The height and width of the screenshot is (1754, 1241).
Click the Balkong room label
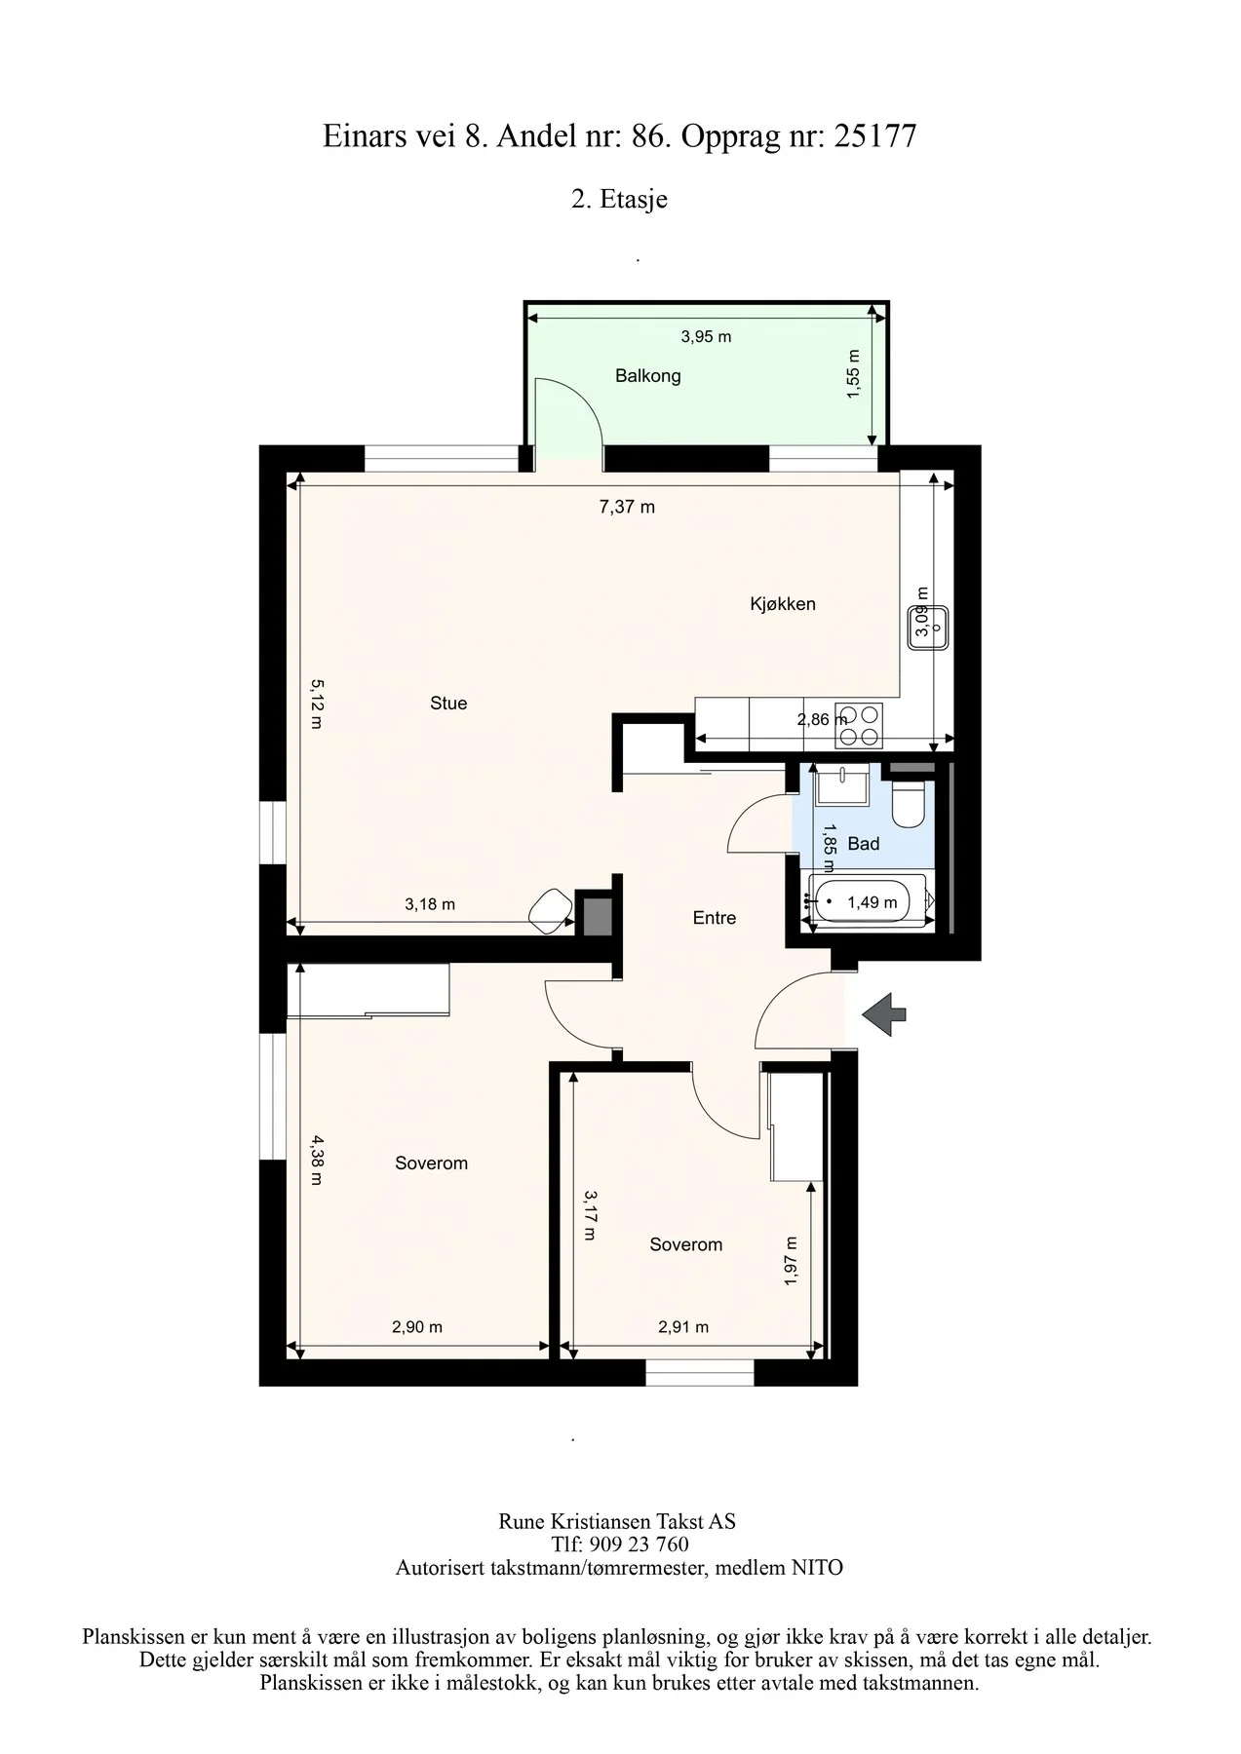point(647,376)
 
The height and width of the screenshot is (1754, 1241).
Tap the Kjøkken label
point(782,604)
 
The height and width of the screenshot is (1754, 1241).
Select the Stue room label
point(448,703)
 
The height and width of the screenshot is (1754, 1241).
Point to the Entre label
point(714,918)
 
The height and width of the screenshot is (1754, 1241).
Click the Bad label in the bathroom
point(863,844)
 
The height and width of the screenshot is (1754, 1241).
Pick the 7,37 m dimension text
point(627,507)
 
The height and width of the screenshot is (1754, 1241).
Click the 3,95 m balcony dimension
point(706,337)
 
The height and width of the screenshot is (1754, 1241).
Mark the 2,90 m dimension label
point(416,1326)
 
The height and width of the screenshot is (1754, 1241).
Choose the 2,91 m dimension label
point(683,1326)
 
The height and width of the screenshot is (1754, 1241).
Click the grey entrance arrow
point(883,1014)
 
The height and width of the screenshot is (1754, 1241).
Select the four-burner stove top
point(859,726)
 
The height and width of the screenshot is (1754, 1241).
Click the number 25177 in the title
point(875,136)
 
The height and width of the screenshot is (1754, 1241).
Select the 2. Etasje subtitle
point(619,200)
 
